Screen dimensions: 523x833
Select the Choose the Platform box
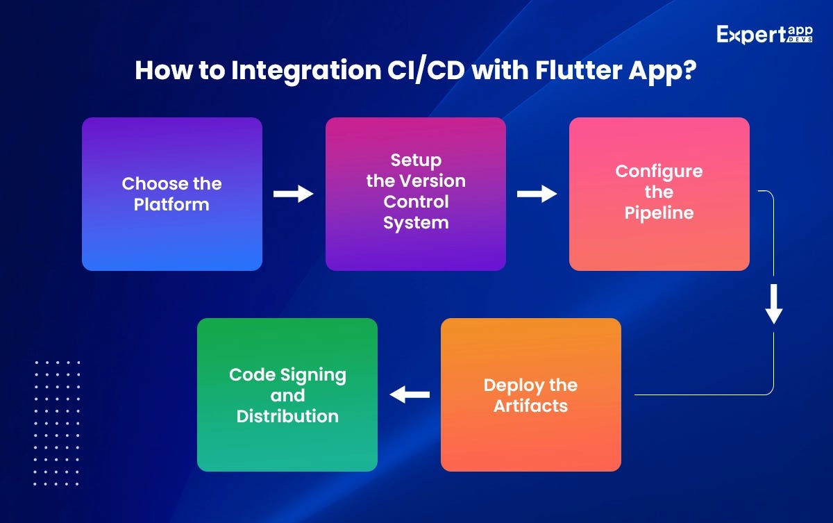(x=172, y=194)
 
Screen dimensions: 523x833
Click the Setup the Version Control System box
(x=416, y=194)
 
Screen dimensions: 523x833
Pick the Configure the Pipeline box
(x=659, y=194)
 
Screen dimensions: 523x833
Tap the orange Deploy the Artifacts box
(x=530, y=395)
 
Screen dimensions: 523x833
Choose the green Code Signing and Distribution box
(x=287, y=395)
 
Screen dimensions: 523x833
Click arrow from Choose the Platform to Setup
(x=294, y=194)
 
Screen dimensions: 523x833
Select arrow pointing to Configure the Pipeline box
(x=537, y=194)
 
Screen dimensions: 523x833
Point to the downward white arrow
(x=774, y=306)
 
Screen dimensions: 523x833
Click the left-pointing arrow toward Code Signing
(x=410, y=395)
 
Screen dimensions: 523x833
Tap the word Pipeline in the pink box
(x=659, y=213)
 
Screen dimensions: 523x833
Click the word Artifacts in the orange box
(x=530, y=406)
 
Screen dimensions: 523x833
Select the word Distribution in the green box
(x=287, y=416)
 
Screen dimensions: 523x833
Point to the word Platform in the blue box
(x=171, y=205)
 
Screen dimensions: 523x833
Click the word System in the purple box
(x=416, y=223)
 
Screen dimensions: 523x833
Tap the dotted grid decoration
(x=57, y=422)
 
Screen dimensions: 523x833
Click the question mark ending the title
(x=689, y=72)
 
